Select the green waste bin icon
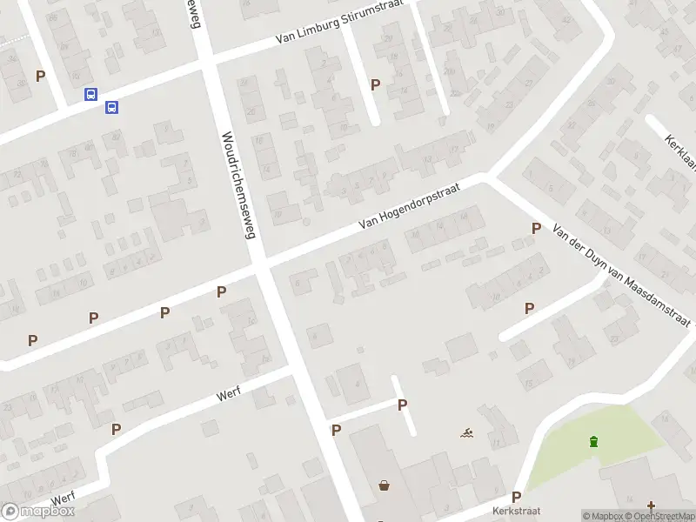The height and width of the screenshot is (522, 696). (594, 441)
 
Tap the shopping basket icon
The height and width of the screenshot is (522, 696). (384, 485)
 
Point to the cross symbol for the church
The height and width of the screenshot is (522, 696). (651, 505)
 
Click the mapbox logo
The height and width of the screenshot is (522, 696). (38, 512)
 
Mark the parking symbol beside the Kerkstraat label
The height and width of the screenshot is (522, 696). (516, 497)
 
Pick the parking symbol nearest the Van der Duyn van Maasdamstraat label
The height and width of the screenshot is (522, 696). (536, 229)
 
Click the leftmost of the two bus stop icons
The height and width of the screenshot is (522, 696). (90, 95)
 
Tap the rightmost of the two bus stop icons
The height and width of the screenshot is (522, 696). (111, 107)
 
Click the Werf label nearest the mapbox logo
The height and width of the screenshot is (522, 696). (63, 498)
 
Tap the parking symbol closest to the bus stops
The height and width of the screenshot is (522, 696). (40, 76)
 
